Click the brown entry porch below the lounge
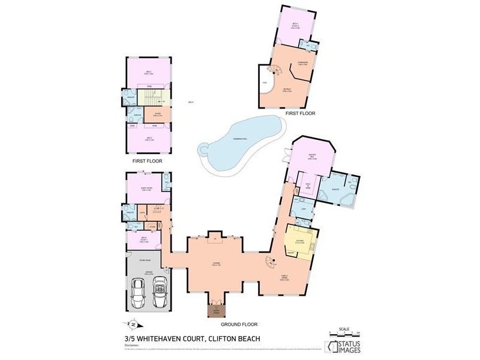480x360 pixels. [x=215, y=310]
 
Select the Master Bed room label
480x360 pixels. [x=311, y=157]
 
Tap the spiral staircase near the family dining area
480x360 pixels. [x=270, y=262]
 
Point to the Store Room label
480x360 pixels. [x=143, y=260]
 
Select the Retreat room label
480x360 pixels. [x=287, y=90]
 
